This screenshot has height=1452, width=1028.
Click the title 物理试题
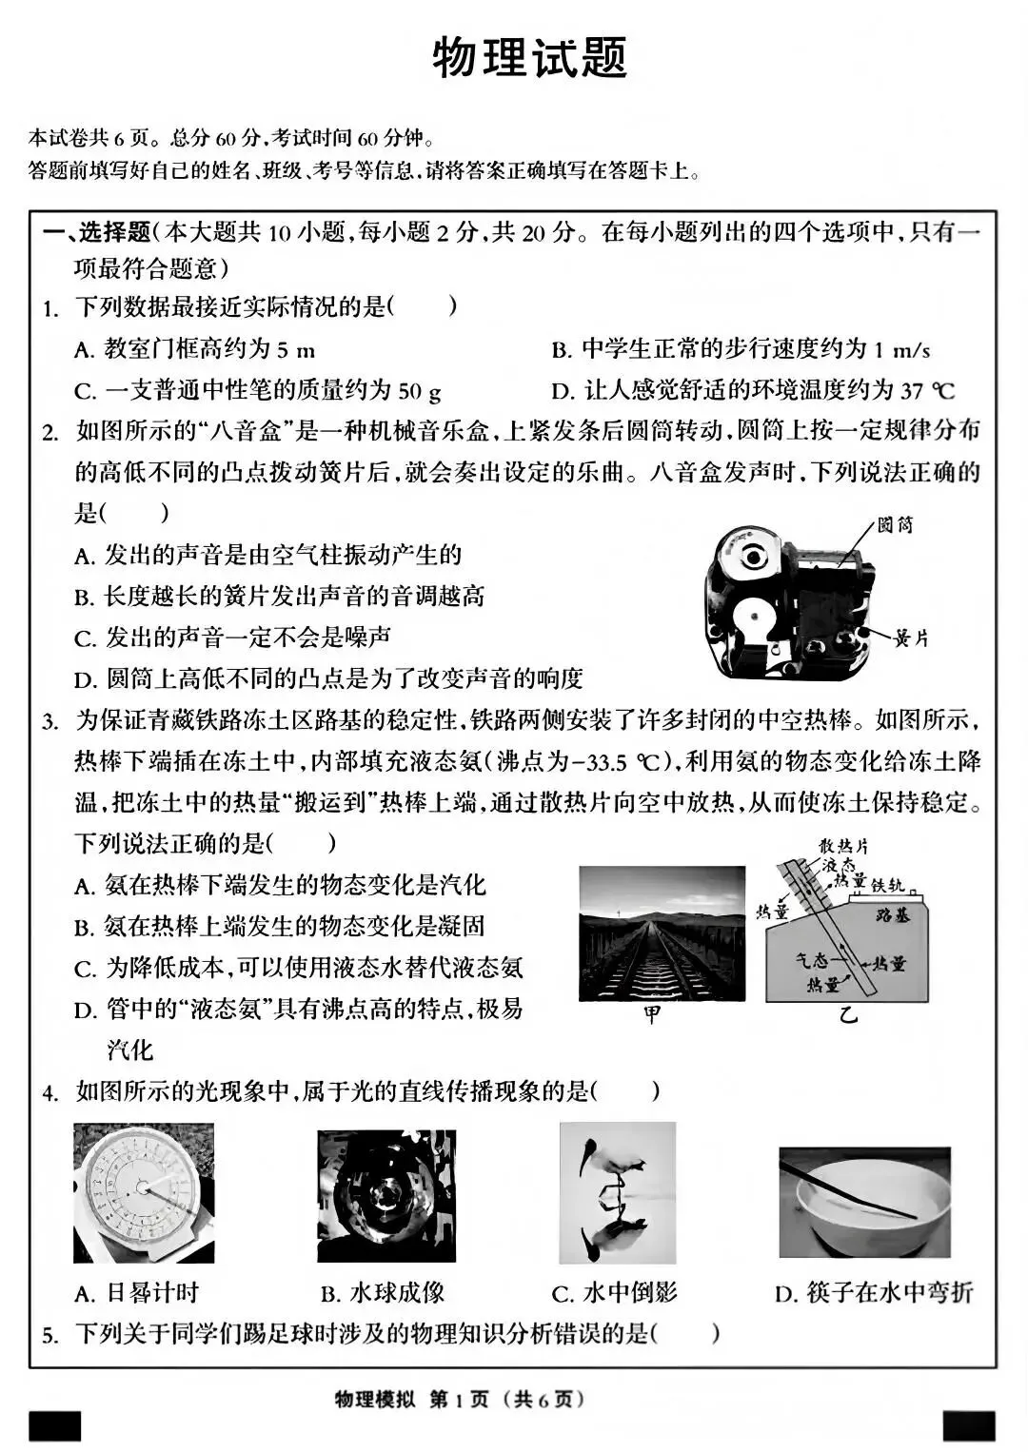click(x=529, y=58)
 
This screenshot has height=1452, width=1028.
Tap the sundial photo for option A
click(x=144, y=1192)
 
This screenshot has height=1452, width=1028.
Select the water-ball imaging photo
click(x=386, y=1196)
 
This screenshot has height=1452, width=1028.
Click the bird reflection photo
click(x=617, y=1193)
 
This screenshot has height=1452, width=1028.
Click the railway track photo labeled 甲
click(x=662, y=932)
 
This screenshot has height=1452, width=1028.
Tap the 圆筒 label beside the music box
click(x=895, y=525)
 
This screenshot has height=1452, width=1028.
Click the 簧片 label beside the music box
click(x=910, y=638)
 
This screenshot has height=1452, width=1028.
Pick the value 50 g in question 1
click(x=419, y=390)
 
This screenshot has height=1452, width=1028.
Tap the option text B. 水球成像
click(x=383, y=1293)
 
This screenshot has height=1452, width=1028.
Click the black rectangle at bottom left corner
click(x=55, y=1425)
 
